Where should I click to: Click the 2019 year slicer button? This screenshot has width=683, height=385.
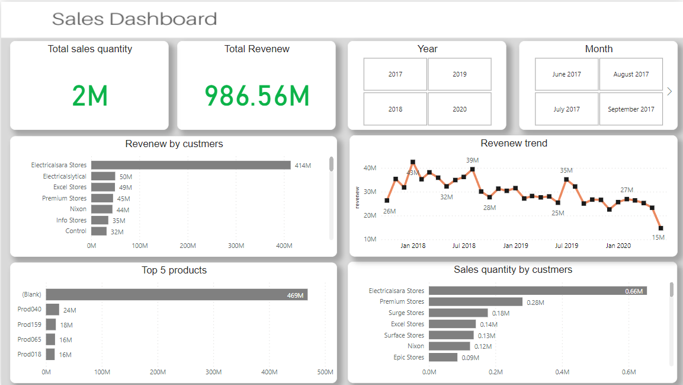(459, 74)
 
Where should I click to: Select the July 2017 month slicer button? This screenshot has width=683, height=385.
(566, 109)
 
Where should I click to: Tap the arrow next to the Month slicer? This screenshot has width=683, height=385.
(669, 91)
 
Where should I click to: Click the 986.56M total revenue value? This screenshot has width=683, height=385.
(257, 96)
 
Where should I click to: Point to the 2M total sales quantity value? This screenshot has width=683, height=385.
(89, 96)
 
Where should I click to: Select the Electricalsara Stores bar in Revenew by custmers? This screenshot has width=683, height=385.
(191, 166)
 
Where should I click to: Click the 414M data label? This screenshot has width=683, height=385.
(303, 166)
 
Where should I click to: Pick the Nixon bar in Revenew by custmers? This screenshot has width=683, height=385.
(102, 209)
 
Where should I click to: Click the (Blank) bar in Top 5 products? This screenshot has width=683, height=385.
(177, 295)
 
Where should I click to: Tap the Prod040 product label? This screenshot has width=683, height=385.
(30, 309)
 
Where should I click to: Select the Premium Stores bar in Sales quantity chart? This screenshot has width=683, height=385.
(476, 302)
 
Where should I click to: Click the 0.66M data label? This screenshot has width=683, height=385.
(634, 291)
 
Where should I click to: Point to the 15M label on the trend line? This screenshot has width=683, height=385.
(658, 237)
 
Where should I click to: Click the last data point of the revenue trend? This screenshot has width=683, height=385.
(660, 228)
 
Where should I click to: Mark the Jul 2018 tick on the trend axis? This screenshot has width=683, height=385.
(464, 246)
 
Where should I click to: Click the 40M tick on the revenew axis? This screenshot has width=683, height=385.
(370, 168)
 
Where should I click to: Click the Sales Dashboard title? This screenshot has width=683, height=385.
(134, 19)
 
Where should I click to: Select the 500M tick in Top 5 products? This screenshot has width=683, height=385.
(325, 372)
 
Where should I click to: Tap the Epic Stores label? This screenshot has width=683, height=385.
(409, 358)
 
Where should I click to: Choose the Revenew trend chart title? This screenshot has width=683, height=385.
(514, 144)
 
